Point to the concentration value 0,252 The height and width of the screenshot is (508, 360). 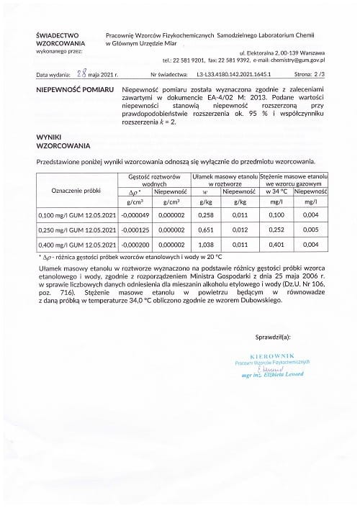(x=276, y=230)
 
